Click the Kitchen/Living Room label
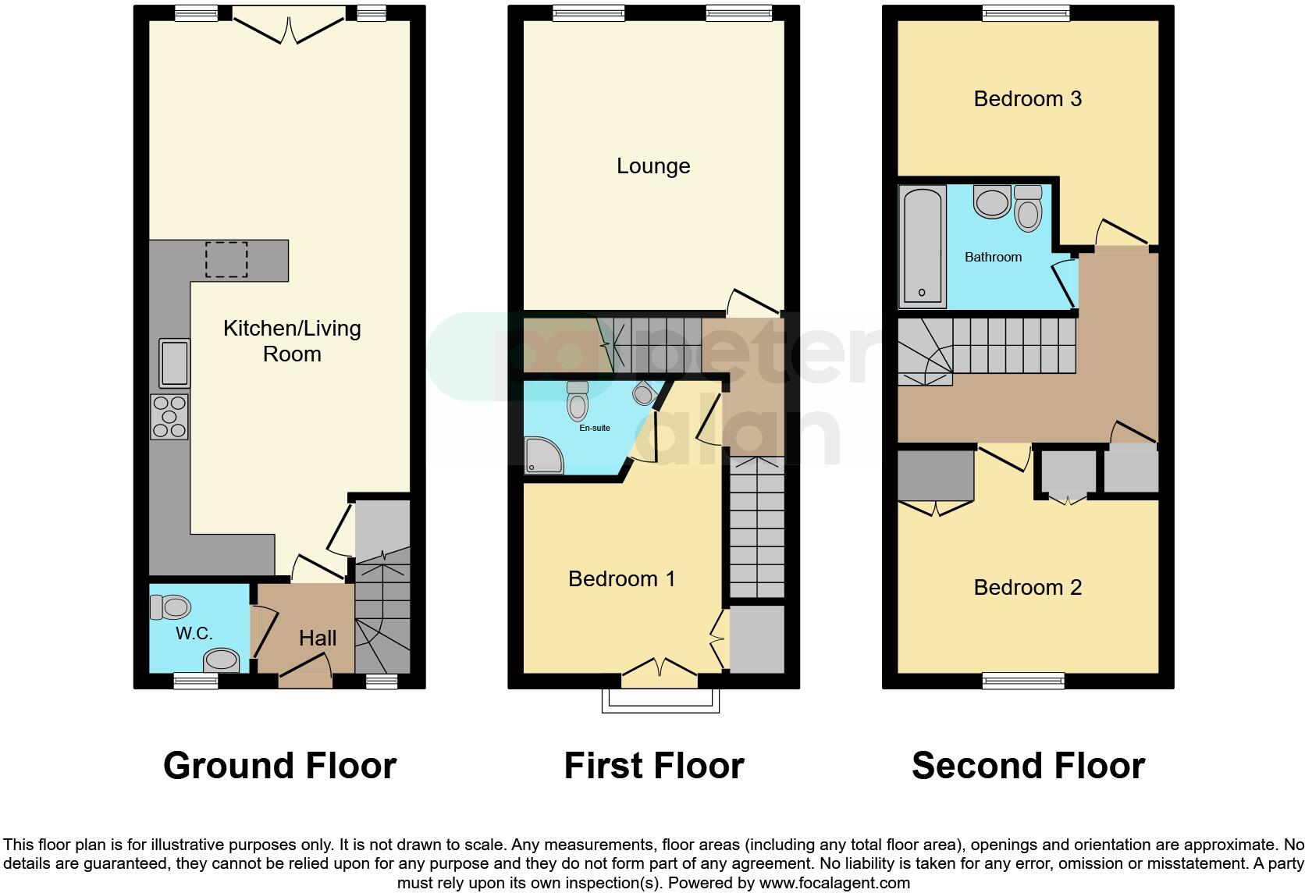tap(292, 341)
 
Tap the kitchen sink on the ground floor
tap(174, 363)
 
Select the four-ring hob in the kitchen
tap(169, 416)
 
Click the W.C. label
tap(194, 633)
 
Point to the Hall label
tap(318, 638)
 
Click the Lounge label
tap(653, 165)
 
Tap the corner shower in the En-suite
tap(543, 456)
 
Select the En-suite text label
tap(595, 428)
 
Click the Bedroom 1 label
tap(621, 578)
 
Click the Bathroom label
tap(993, 257)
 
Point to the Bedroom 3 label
tap(1027, 98)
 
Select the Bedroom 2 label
tap(1027, 587)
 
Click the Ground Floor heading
tap(279, 766)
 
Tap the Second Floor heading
tap(1028, 766)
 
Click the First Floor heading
tap(654, 766)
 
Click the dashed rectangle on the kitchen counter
tap(226, 260)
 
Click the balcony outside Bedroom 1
tap(660, 700)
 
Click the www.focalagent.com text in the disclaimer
tap(834, 884)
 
